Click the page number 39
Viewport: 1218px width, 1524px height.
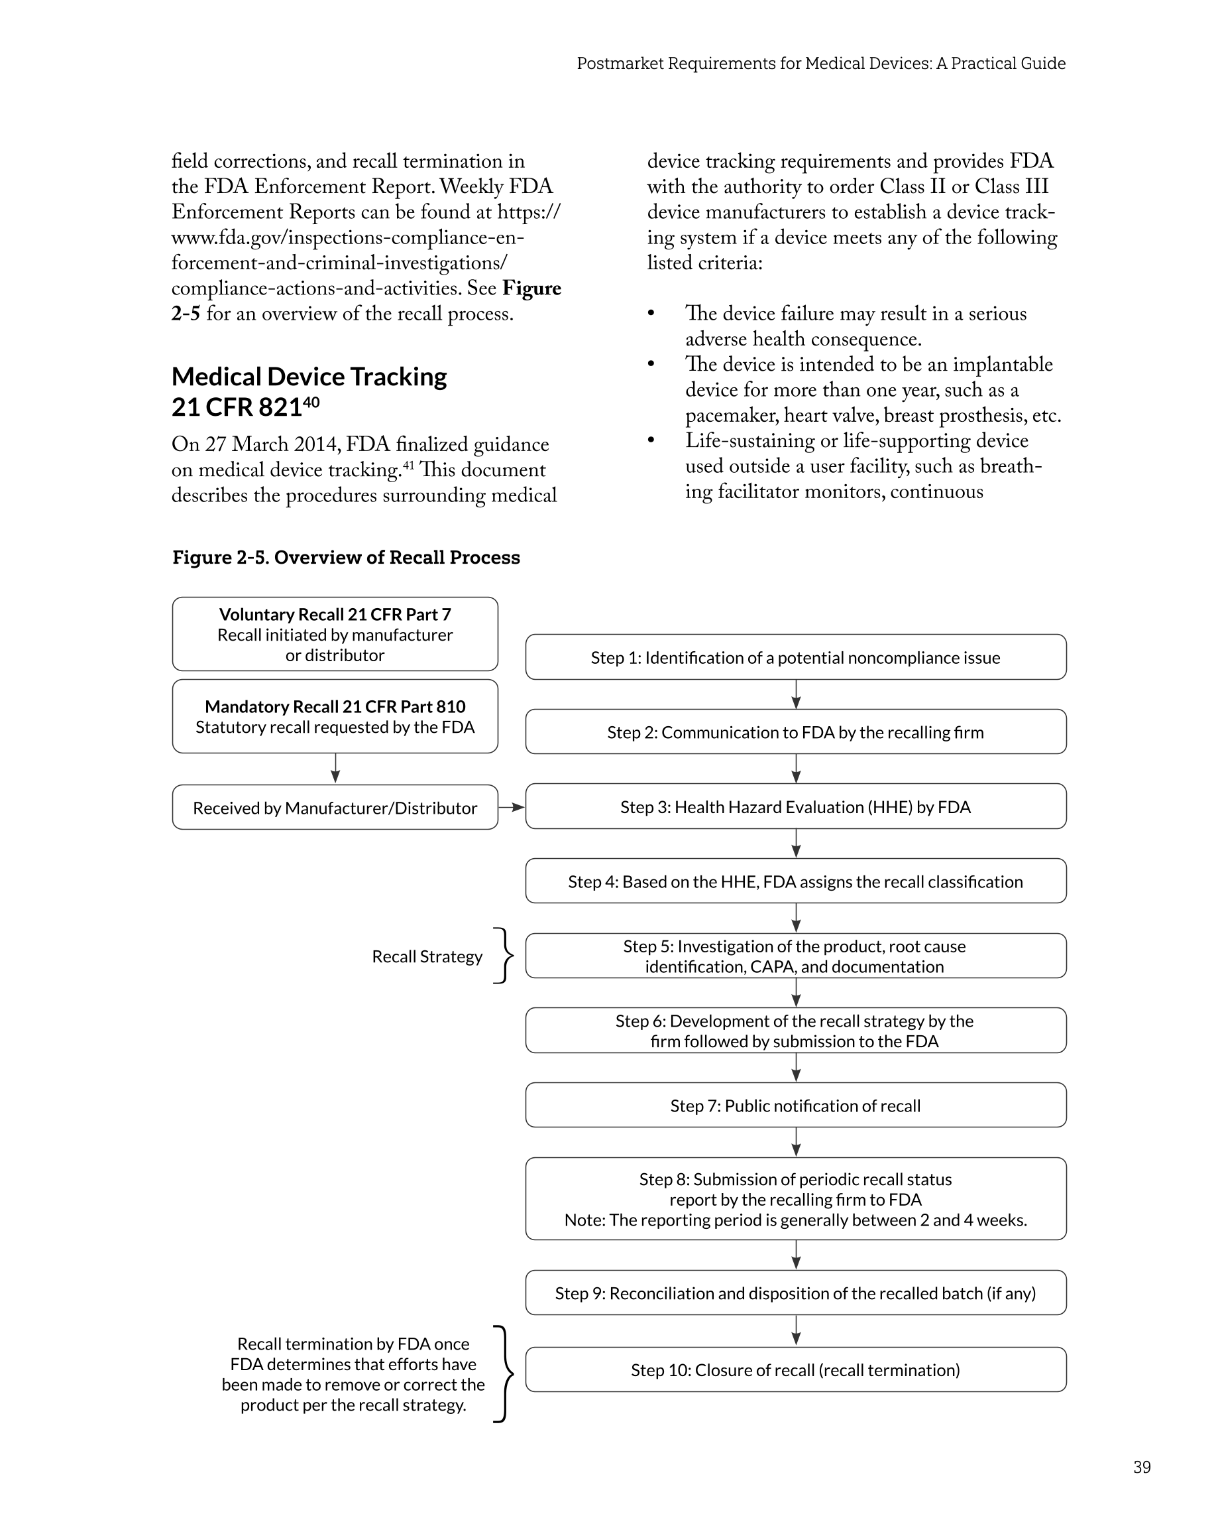1142,1467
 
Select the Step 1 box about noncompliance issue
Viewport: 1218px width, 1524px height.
795,657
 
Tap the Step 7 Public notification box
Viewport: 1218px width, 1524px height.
795,1106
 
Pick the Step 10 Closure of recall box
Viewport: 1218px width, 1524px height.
795,1370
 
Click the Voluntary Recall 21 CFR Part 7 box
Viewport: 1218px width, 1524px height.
335,634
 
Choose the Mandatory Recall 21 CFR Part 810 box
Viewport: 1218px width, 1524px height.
335,716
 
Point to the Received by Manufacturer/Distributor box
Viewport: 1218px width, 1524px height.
335,807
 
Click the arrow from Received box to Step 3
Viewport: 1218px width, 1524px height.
512,806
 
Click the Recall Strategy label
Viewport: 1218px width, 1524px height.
427,956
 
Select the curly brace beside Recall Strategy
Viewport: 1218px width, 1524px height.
504,956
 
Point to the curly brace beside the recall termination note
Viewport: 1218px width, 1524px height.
503,1374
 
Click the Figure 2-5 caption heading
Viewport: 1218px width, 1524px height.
346,557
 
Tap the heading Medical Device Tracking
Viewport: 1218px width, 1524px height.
309,377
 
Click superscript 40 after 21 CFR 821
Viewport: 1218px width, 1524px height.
311,401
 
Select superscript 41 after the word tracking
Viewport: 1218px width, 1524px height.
408,464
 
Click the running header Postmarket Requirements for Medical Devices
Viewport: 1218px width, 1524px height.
821,64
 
